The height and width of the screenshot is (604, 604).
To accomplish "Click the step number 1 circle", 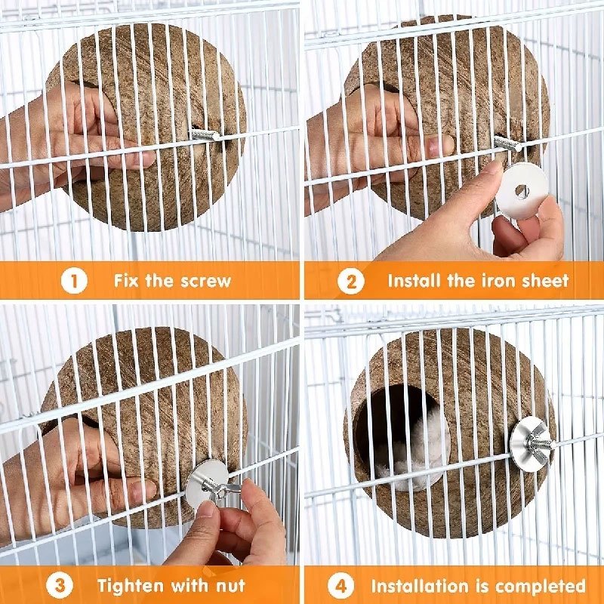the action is coord(74,281).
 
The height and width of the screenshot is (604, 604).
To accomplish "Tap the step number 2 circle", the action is coord(350,281).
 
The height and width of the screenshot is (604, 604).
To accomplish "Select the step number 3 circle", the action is coord(59,586).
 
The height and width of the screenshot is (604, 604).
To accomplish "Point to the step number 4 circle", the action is coord(341,586).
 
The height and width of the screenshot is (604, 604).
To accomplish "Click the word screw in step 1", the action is coord(205,281).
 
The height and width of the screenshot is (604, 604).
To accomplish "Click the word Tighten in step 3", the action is coord(131,587).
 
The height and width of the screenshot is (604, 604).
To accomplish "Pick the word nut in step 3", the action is coord(230,587).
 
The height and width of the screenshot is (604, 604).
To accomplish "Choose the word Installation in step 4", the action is coord(420,587).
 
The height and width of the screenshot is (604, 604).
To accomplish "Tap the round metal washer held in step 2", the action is coord(522,191).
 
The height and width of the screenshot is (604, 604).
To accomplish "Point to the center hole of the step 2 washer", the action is coord(522,191).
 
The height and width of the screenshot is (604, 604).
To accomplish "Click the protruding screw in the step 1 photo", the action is coord(205,134).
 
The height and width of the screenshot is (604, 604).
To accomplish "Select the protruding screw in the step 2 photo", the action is coord(507,143).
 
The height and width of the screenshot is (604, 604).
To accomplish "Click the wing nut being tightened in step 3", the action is coord(219,488).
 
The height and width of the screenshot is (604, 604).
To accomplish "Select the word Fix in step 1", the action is coord(125,281).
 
